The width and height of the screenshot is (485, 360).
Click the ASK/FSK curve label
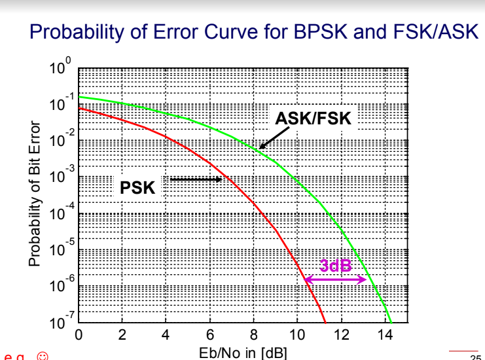click(313, 119)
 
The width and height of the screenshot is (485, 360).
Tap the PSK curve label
click(137, 189)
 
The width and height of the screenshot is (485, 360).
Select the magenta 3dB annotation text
click(335, 265)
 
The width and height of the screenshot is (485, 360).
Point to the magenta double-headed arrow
click(335, 279)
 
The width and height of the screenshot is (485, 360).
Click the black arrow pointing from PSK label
click(196, 179)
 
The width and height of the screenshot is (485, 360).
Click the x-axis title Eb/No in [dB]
click(243, 354)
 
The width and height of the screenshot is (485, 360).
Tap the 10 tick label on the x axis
click(296, 336)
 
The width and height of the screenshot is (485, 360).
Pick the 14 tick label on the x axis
click(384, 336)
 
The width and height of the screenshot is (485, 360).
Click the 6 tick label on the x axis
click(209, 336)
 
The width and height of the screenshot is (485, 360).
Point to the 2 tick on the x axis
click(122, 336)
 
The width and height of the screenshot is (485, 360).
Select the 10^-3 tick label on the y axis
click(62, 177)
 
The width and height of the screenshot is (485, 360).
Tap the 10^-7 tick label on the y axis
click(62, 323)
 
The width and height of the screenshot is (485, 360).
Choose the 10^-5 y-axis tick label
click(62, 250)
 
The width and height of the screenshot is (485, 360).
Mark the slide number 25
click(475, 357)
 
